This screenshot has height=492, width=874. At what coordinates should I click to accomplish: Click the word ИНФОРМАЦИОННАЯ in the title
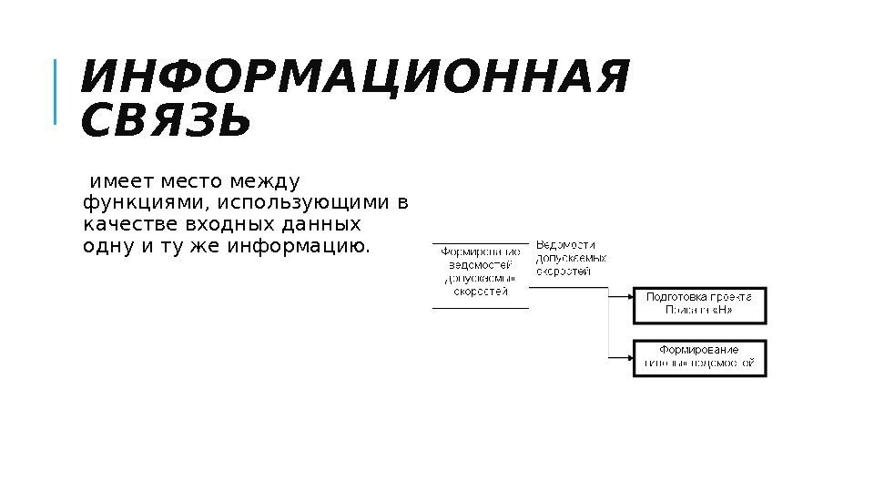tap(354, 78)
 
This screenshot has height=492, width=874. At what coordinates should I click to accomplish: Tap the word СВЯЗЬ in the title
tap(165, 123)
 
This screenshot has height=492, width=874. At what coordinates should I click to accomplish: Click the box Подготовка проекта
tap(699, 304)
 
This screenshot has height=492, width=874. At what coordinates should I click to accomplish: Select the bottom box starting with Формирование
tap(699, 357)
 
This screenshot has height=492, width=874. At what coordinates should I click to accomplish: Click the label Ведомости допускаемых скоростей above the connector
tap(571, 258)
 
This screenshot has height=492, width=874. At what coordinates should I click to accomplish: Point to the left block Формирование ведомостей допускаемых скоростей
tap(481, 272)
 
